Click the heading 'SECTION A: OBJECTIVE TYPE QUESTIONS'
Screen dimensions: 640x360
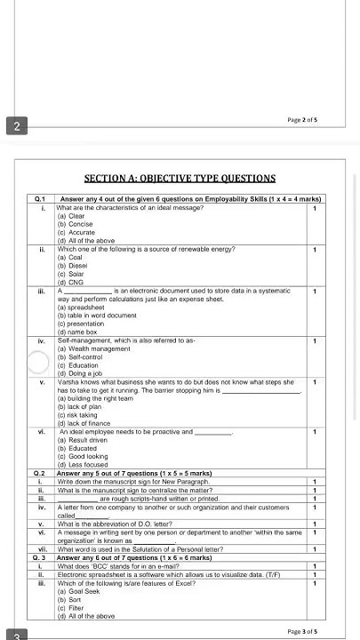pyautogui.click(x=180, y=179)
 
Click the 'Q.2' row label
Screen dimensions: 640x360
pyautogui.click(x=40, y=474)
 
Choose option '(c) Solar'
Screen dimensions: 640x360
pyautogui.click(x=71, y=274)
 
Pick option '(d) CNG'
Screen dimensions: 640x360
pyautogui.click(x=70, y=282)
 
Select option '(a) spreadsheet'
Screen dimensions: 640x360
pyautogui.click(x=79, y=307)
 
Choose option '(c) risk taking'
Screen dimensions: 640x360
pyautogui.click(x=77, y=415)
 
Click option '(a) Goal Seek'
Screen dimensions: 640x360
pyautogui.click(x=77, y=590)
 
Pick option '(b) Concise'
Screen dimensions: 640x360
pyautogui.click(x=75, y=224)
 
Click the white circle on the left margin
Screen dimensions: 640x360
pyautogui.click(x=38, y=363)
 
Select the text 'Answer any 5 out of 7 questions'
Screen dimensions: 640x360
pyautogui.click(x=109, y=474)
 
